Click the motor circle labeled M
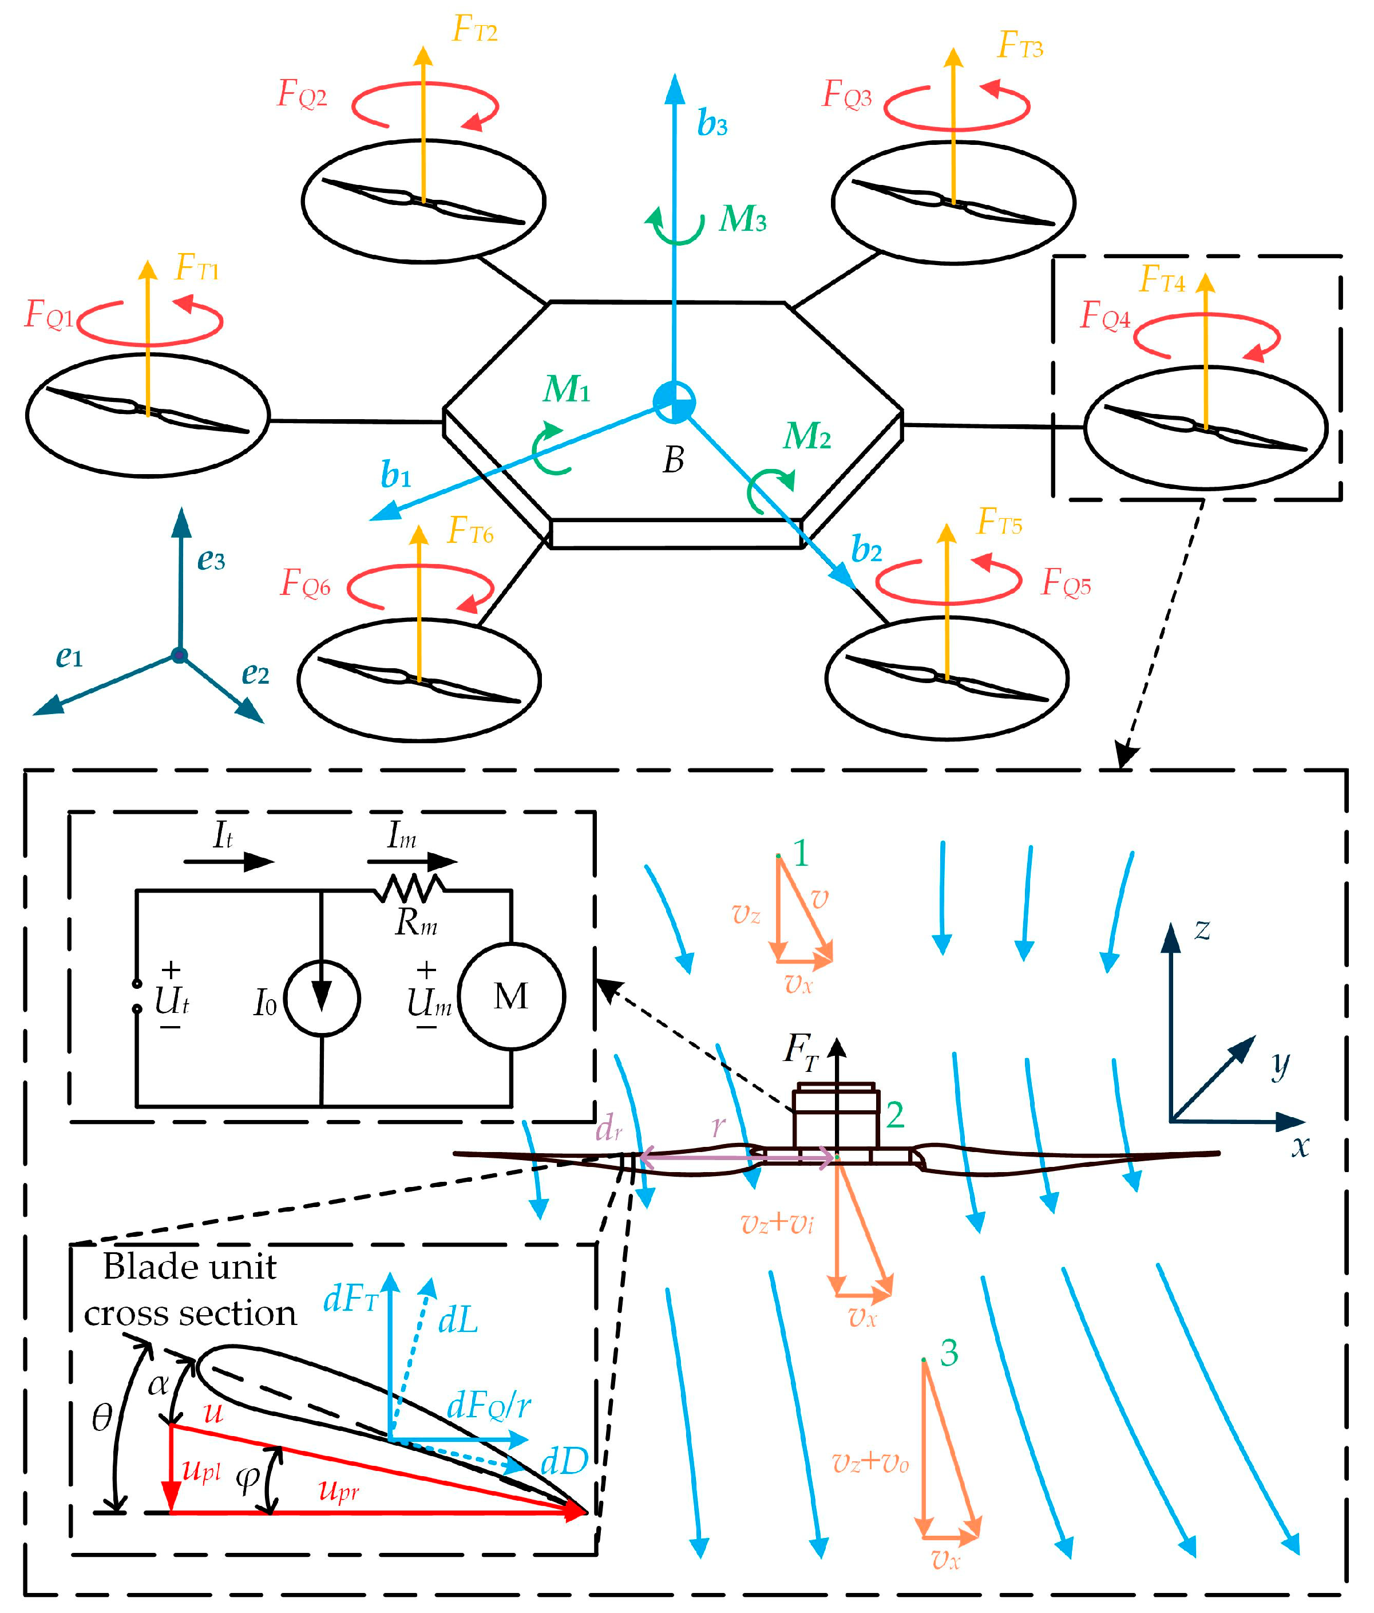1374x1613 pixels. click(512, 996)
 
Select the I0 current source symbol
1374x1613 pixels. click(322, 998)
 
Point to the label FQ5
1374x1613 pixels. click(1066, 582)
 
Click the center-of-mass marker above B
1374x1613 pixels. click(674, 403)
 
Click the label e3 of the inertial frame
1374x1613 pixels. click(211, 560)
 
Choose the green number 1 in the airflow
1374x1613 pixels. click(801, 854)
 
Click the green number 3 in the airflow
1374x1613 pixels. click(948, 1353)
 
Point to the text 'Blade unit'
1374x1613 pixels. click(190, 1267)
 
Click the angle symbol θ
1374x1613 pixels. click(102, 1418)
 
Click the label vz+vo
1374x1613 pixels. click(870, 1464)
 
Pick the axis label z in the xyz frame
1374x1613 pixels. click(1202, 929)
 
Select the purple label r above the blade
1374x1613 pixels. click(718, 1125)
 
